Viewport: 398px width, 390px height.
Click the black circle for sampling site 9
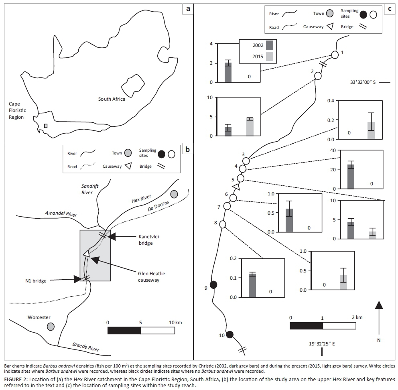213,284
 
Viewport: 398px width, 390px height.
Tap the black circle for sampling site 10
230,334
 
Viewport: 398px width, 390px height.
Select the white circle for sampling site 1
335,55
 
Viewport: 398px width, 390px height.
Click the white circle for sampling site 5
241,178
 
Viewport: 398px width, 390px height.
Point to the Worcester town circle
51,327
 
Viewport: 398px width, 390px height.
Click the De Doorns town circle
174,194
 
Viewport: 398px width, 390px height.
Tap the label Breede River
85,347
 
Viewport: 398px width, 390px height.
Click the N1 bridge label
36,281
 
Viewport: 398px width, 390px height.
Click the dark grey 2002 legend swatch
269,45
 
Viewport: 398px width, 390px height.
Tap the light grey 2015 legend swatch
269,57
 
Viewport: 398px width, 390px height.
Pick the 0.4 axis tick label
330,100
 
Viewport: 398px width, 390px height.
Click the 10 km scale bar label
175,322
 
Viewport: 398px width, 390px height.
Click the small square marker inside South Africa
46,126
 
